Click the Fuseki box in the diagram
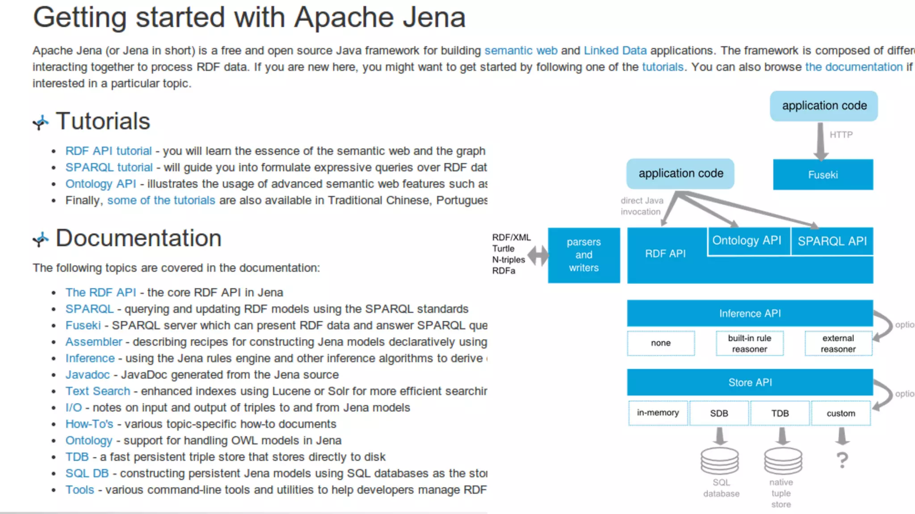[823, 175]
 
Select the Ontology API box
[747, 240]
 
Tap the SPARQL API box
[832, 241]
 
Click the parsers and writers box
[583, 255]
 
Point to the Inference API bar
[750, 313]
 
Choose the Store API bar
[750, 382]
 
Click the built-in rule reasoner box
[749, 344]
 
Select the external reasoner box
[838, 344]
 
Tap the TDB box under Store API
[780, 413]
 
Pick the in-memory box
[658, 413]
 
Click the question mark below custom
[842, 460]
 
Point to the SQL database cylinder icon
[719, 461]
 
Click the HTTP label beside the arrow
[841, 135]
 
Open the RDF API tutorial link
[109, 151]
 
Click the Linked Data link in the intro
[615, 50]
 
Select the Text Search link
[98, 391]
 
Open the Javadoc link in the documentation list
[88, 374]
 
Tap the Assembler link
[94, 342]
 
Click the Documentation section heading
[138, 238]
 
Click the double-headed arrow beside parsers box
[538, 256]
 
